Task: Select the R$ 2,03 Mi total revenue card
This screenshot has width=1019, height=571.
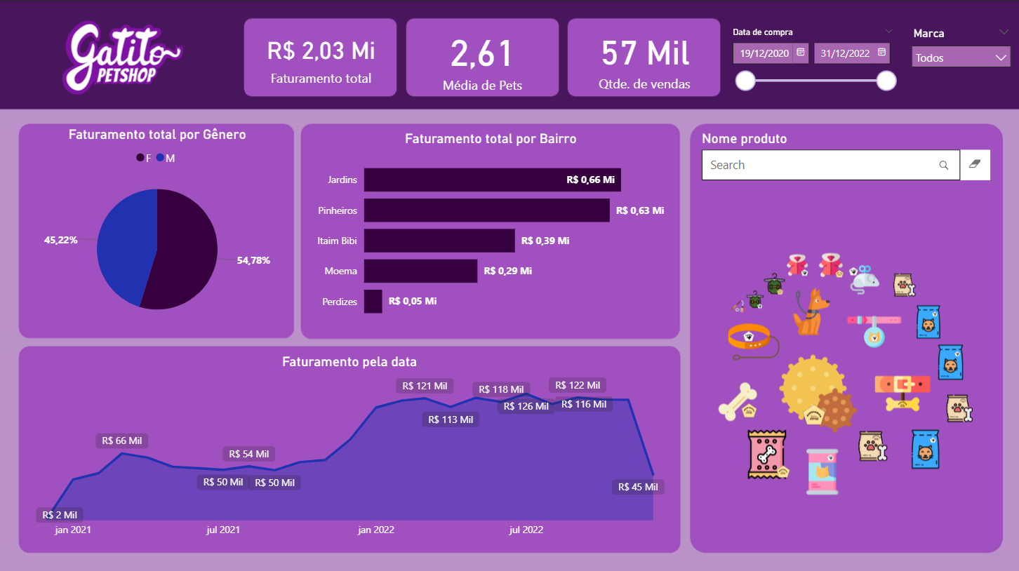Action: pyautogui.click(x=321, y=58)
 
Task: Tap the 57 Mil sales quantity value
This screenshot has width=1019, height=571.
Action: pyautogui.click(x=645, y=53)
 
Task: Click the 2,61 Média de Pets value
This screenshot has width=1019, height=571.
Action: pyautogui.click(x=482, y=53)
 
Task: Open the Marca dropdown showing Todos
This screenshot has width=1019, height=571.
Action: pyautogui.click(x=960, y=58)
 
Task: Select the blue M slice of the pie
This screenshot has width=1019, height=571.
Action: pyautogui.click(x=123, y=239)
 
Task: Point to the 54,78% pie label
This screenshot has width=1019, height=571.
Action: pyautogui.click(x=253, y=260)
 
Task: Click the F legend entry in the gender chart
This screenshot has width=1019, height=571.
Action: pyautogui.click(x=144, y=159)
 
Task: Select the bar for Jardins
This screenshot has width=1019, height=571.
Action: pyautogui.click(x=491, y=180)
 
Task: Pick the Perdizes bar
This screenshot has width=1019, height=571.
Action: pyautogui.click(x=373, y=302)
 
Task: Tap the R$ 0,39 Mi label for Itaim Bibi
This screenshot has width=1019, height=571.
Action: pyautogui.click(x=545, y=241)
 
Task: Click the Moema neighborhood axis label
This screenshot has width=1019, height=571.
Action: pyautogui.click(x=340, y=271)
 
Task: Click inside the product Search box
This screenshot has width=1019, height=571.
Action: pyautogui.click(x=821, y=165)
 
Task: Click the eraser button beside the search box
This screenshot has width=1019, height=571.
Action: pyautogui.click(x=975, y=165)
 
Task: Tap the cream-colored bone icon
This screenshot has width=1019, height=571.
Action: pyautogui.click(x=737, y=401)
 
